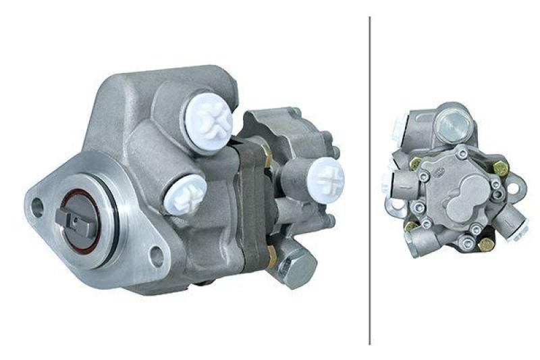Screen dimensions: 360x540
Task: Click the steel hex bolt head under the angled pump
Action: tap(296, 266)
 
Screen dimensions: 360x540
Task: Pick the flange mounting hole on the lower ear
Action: tap(157, 255)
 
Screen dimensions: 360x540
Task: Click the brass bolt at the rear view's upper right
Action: tap(500, 168)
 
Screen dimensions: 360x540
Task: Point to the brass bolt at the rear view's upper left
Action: tap(416, 163)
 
